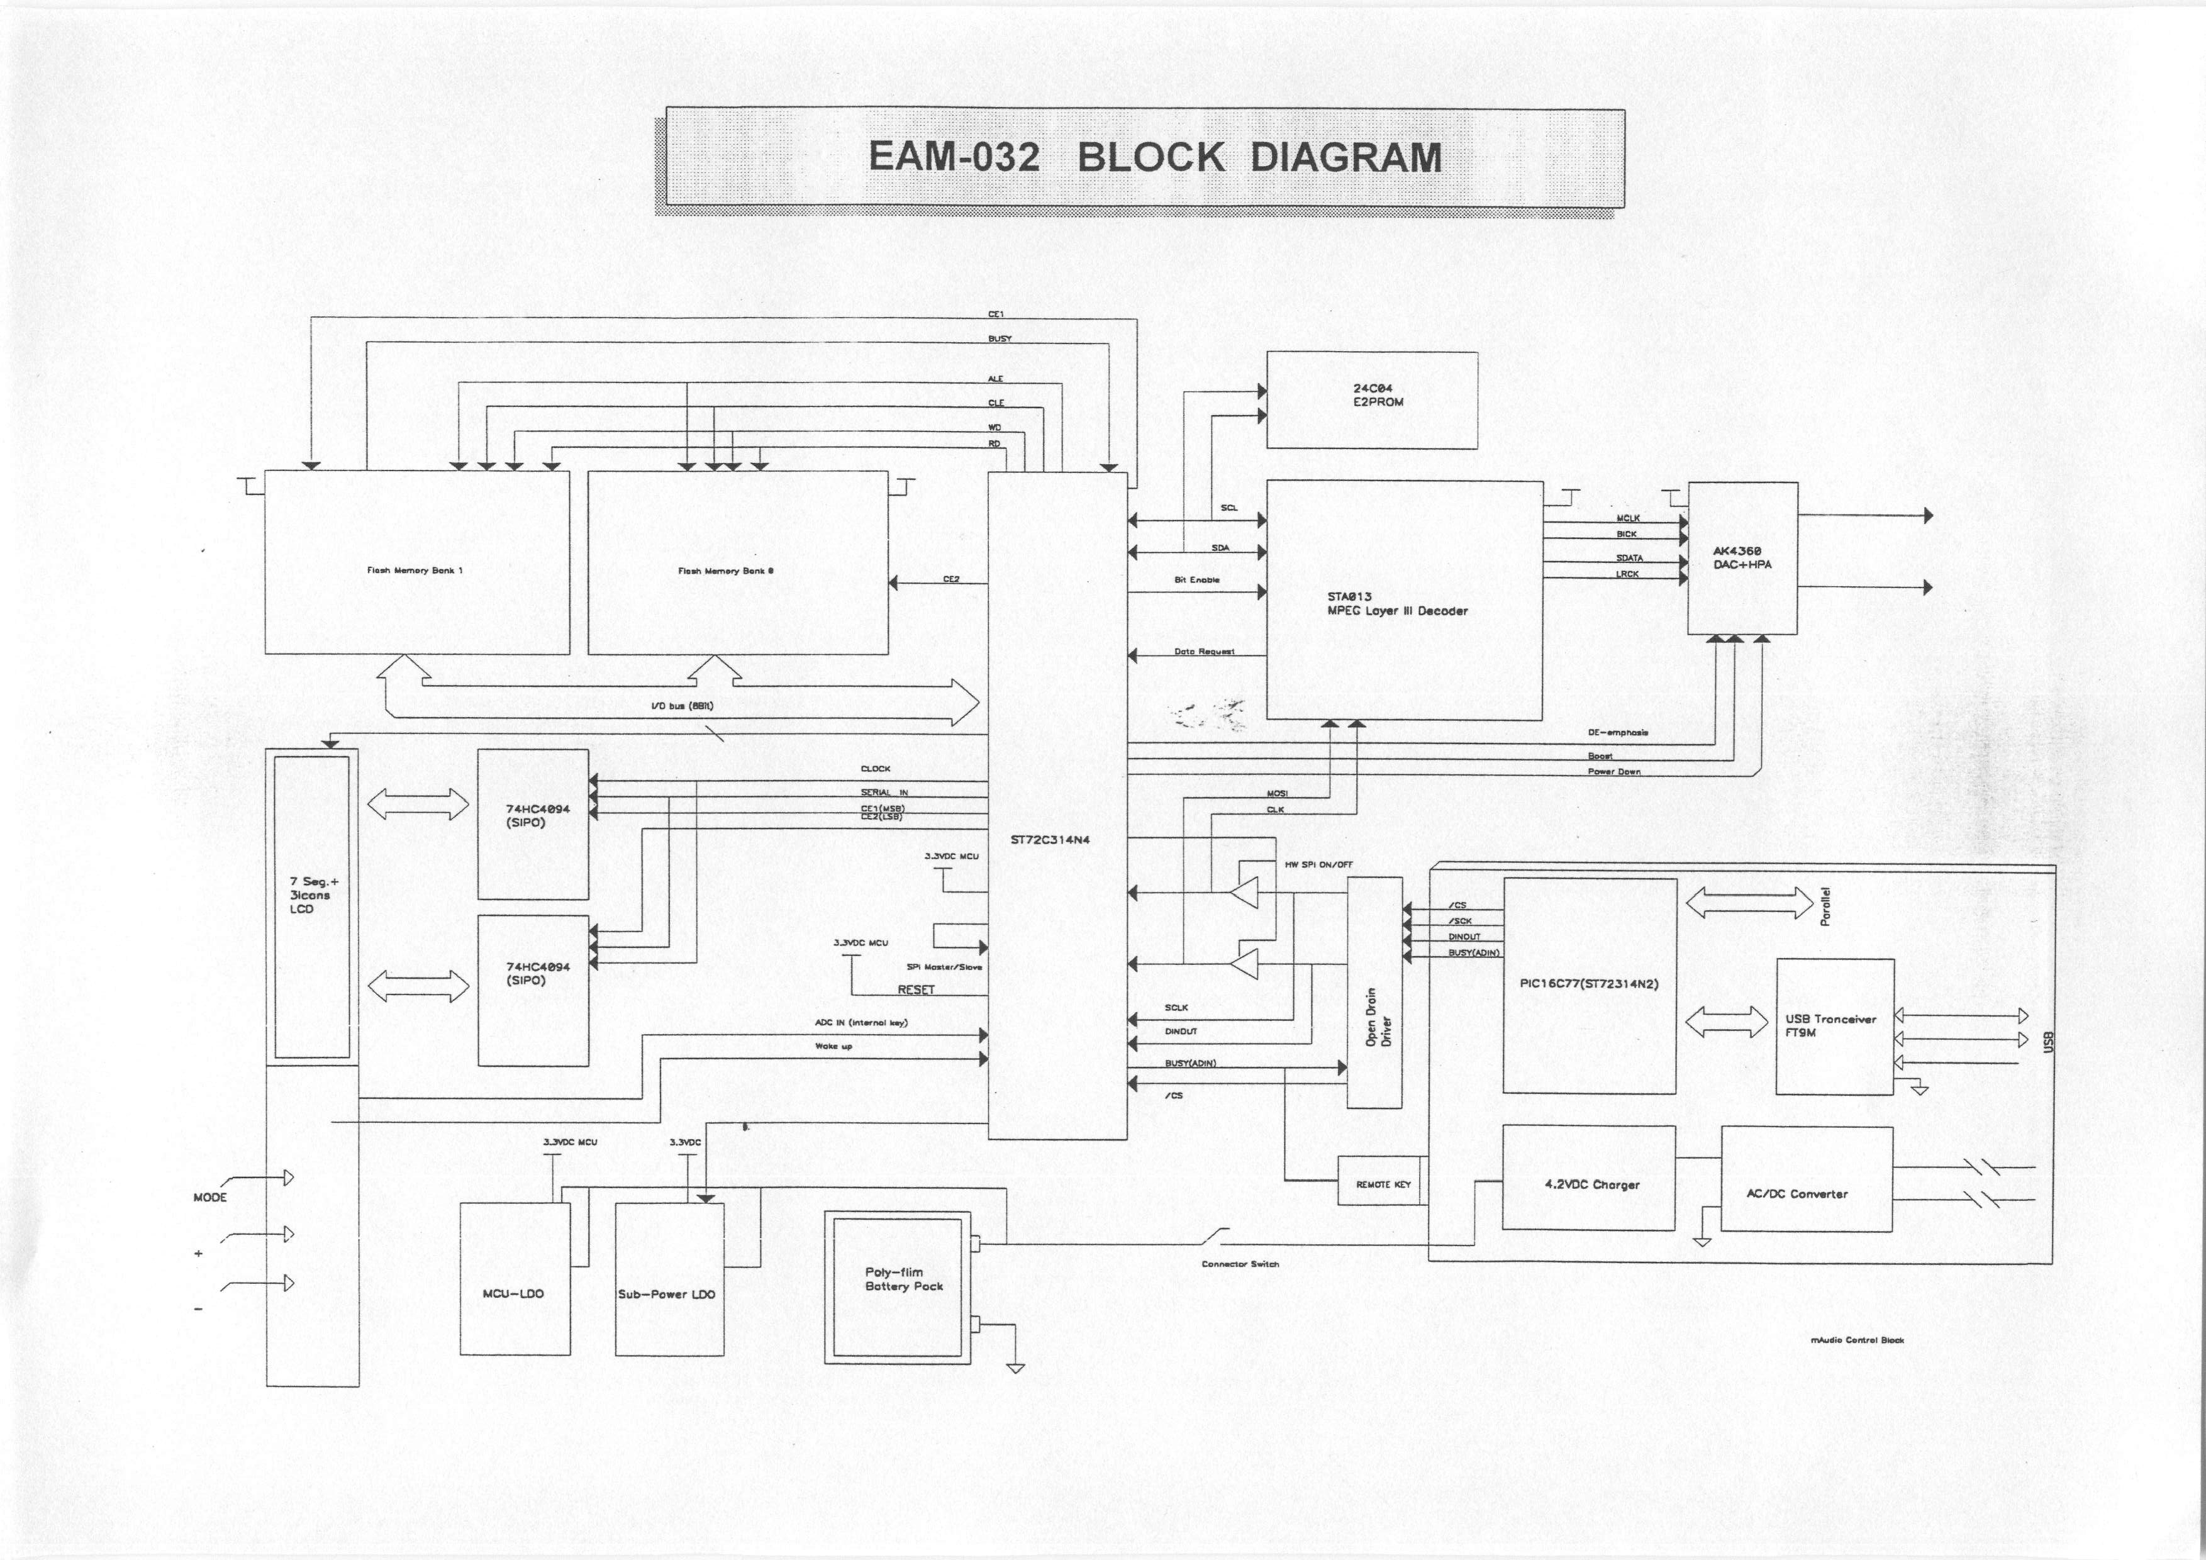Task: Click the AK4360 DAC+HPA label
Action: point(1742,558)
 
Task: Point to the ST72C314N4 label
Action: point(1049,840)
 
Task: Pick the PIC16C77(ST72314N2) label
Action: point(1589,984)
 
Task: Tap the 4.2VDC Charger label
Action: point(1591,1184)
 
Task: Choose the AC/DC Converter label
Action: point(1796,1193)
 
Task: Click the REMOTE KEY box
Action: point(1383,1184)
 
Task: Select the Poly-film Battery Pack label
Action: point(903,1279)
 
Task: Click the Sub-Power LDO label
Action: point(667,1294)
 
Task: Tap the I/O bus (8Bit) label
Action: point(681,706)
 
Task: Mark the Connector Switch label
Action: point(1239,1264)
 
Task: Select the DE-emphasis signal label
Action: point(1618,733)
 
